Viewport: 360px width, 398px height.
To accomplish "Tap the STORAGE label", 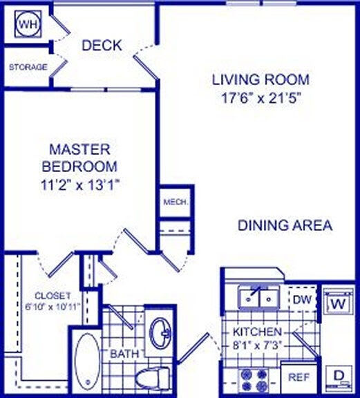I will [x=28, y=67].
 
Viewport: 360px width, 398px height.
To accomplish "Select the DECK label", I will [x=102, y=46].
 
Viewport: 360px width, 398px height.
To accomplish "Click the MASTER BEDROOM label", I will [x=79, y=158].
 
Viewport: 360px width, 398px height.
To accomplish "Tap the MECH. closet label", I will [x=172, y=202].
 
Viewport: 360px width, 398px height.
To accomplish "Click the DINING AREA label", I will [x=285, y=225].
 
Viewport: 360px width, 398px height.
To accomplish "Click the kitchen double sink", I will [x=258, y=297].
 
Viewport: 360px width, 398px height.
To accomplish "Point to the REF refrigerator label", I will [x=299, y=378].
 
